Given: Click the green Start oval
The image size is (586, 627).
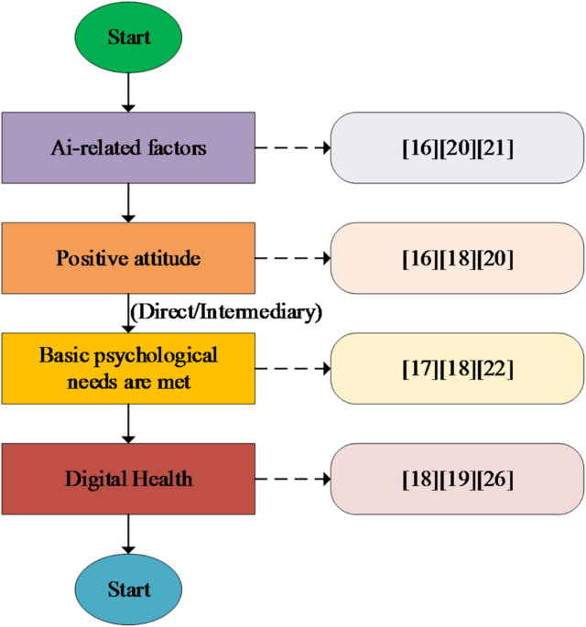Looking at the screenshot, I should [x=128, y=38].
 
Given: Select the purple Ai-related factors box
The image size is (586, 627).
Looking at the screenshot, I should [x=127, y=146].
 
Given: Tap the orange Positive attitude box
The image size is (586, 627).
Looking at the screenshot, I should [x=127, y=258].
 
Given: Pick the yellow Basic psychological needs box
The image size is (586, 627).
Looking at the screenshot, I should [x=127, y=368].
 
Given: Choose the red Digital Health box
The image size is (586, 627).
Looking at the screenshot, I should [x=127, y=478].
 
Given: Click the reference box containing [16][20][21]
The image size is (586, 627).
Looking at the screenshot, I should [x=457, y=146].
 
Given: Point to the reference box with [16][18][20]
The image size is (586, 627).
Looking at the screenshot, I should [x=457, y=258].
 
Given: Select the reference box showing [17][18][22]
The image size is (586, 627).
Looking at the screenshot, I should [x=457, y=368].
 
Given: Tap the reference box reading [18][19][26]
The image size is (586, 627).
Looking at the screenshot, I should [x=457, y=478].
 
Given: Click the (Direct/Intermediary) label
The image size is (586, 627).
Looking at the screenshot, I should [x=226, y=312].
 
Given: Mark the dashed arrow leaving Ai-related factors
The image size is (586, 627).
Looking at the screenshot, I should [x=291, y=146].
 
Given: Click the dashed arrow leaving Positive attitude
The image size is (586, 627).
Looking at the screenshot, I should [x=291, y=258].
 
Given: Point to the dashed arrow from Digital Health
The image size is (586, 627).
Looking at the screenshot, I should [x=291, y=478].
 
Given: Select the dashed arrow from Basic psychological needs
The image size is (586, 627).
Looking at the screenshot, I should [x=291, y=368].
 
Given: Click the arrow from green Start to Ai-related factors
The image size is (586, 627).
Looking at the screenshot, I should [x=128, y=92].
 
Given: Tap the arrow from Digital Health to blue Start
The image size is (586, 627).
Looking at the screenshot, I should [x=128, y=533].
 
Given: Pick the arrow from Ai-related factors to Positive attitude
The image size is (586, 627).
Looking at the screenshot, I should [x=128, y=201].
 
